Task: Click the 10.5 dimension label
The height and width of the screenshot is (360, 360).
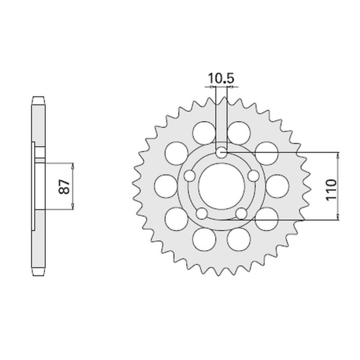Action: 221,79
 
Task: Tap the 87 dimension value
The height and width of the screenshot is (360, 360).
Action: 65,186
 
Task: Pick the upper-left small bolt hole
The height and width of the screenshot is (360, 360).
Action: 189,175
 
